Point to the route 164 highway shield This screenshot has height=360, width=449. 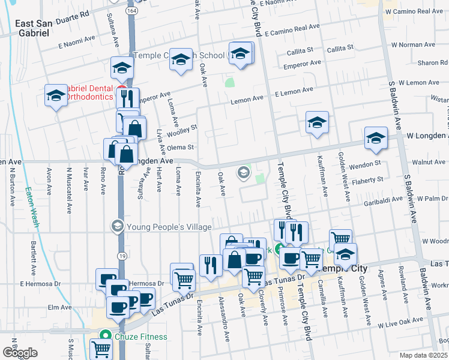[130, 11]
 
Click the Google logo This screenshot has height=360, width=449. [20, 353]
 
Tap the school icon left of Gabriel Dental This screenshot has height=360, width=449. [56, 95]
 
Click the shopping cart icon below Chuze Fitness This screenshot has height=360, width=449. [101, 349]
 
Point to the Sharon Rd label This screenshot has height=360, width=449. [432, 62]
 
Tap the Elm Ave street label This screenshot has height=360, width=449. [60, 307]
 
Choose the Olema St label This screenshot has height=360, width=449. [181, 147]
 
